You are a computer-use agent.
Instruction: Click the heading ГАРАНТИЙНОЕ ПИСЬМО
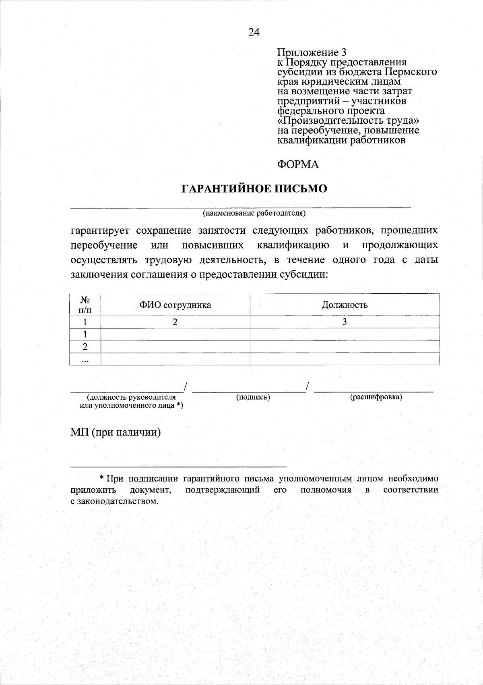click(254, 189)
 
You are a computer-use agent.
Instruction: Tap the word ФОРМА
click(298, 164)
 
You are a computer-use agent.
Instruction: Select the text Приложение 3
click(312, 52)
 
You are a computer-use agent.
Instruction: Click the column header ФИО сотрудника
click(175, 305)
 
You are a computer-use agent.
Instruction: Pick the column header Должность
click(345, 305)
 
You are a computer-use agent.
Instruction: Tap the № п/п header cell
click(85, 305)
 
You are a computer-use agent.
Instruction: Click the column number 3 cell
click(345, 322)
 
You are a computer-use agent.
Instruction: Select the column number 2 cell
click(175, 322)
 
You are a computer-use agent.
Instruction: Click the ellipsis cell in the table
click(85, 359)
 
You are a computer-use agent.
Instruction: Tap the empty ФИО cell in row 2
click(175, 347)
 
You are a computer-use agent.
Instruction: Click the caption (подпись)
click(253, 397)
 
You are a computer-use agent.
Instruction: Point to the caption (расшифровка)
click(376, 397)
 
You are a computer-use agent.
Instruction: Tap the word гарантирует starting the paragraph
click(100, 231)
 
